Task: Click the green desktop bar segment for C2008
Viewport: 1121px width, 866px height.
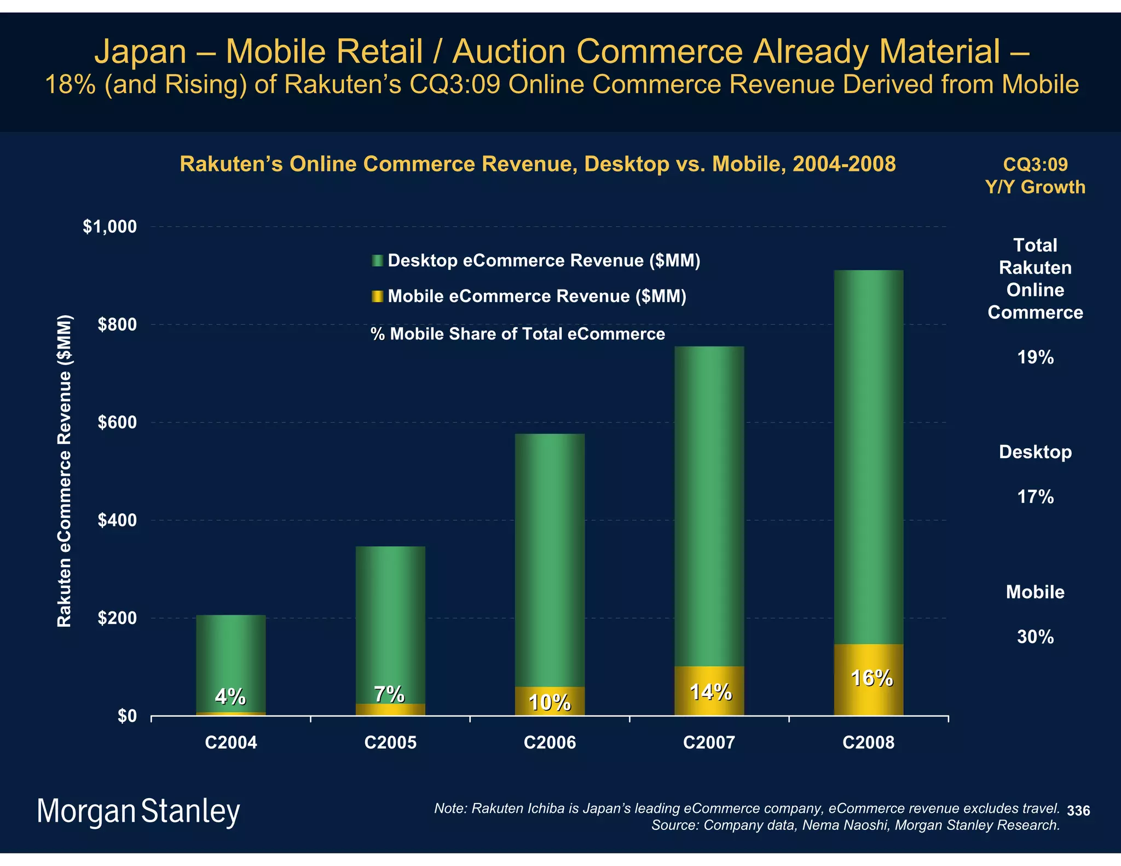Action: (x=868, y=454)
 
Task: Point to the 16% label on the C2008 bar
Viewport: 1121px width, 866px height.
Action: (x=871, y=679)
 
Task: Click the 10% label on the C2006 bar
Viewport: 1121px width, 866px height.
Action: (x=550, y=702)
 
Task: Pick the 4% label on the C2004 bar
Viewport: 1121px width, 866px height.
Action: (x=230, y=696)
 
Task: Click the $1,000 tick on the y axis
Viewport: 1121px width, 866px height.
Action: (x=109, y=227)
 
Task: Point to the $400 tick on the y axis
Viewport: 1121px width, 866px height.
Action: (x=117, y=521)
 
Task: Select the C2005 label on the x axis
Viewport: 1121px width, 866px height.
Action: (x=390, y=743)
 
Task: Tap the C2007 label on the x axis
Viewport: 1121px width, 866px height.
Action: (x=709, y=743)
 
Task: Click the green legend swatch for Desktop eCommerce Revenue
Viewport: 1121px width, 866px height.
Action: (x=377, y=261)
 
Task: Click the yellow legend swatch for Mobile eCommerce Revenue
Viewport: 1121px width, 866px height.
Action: (x=377, y=296)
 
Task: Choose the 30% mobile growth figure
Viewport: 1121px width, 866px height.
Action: (x=1035, y=637)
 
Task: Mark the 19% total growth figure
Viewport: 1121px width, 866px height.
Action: (x=1035, y=357)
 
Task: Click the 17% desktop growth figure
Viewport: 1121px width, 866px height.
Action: (x=1035, y=497)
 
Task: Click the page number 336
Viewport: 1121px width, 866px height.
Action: (x=1078, y=811)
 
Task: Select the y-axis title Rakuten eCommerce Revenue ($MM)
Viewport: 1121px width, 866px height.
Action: (x=65, y=471)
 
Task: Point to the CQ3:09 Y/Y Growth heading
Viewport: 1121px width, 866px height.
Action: (x=1035, y=176)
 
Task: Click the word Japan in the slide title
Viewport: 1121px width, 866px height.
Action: (x=141, y=51)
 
